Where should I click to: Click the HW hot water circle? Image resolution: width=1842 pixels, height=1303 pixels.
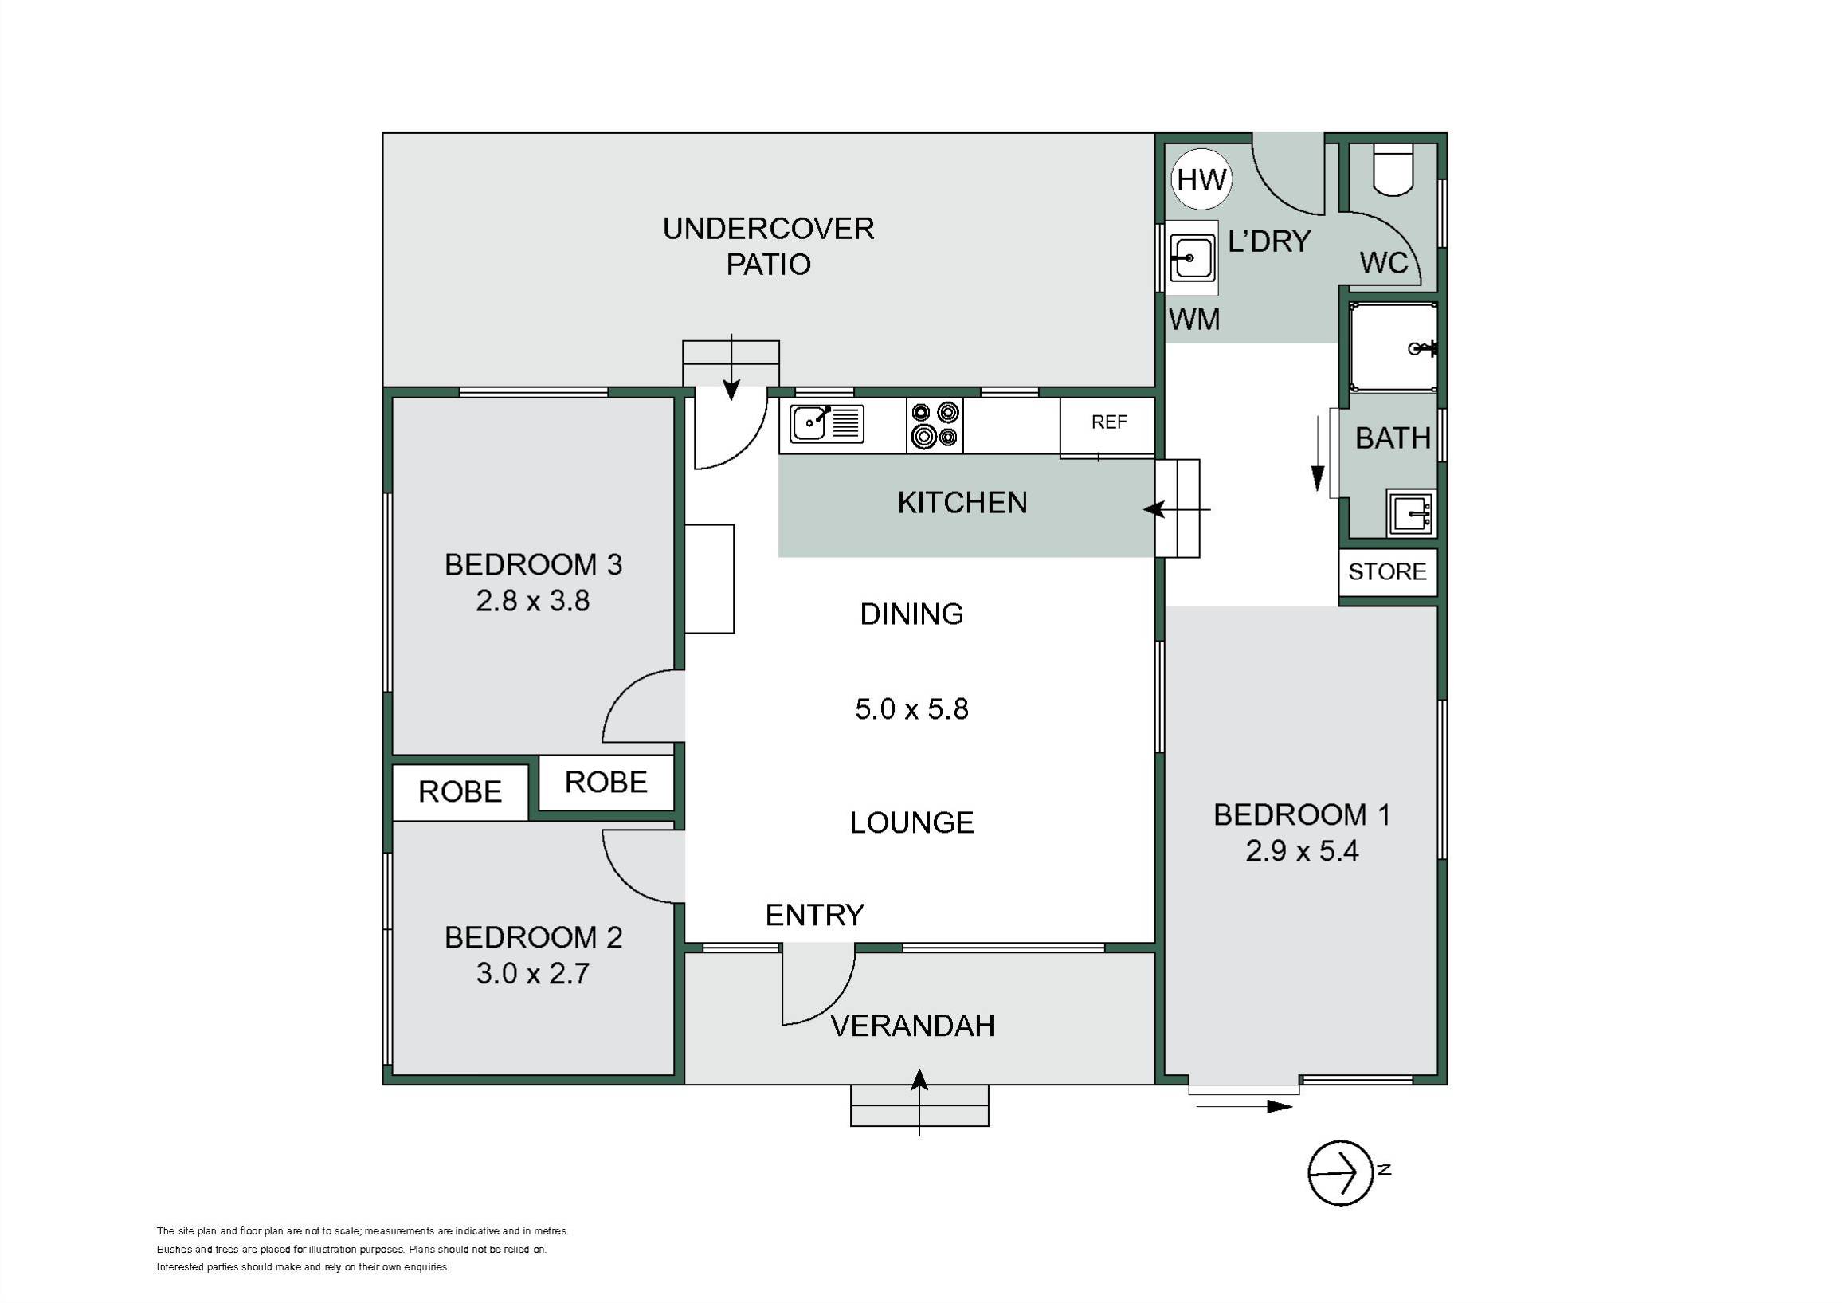(1201, 180)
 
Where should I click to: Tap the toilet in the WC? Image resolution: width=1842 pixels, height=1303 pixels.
(1393, 169)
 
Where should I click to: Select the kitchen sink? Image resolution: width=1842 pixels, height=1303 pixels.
(826, 424)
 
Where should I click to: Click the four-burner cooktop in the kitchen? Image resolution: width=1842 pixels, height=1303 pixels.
(935, 425)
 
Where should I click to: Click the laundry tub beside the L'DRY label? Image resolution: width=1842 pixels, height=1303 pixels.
(1191, 257)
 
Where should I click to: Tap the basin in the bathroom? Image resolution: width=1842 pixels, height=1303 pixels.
(1411, 512)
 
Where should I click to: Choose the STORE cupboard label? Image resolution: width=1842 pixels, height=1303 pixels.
(1387, 572)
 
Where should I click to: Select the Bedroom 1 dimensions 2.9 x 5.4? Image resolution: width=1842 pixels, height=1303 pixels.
(1302, 850)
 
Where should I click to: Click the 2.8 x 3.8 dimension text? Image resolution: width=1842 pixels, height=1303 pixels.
(533, 601)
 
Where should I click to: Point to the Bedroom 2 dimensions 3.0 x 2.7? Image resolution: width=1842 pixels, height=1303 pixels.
(533, 973)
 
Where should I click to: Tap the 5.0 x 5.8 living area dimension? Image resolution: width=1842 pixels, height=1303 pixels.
(912, 709)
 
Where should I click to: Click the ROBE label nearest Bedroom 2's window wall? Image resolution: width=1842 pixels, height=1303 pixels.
(460, 792)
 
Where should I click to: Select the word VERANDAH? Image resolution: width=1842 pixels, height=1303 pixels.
(913, 1026)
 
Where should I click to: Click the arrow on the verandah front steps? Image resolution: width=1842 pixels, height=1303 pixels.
(919, 1102)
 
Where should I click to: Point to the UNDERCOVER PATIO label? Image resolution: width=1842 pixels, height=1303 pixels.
(769, 246)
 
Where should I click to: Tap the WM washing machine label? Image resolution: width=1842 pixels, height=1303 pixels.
(1194, 320)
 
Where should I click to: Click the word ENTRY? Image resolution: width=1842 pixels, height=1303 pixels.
(815, 916)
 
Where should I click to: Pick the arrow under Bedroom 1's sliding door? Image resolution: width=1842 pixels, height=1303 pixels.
(1244, 1106)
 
